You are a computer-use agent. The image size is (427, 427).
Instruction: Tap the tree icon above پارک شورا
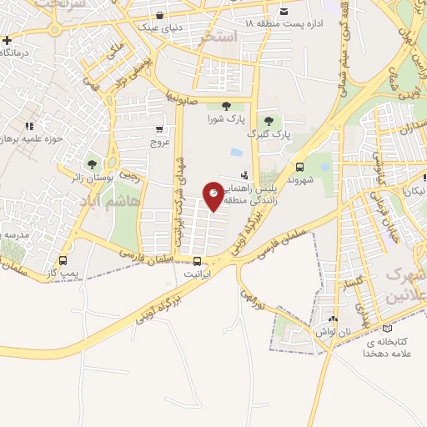pyautogui.click(x=227, y=105)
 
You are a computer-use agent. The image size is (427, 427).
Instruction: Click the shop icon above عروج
pyautogui.click(x=159, y=129)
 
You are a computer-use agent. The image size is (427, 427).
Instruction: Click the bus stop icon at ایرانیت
pyautogui.click(x=196, y=259)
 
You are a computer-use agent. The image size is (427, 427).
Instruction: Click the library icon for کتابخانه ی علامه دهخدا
pyautogui.click(x=384, y=329)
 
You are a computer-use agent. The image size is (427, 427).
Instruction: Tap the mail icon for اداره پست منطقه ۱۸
pyautogui.click(x=284, y=11)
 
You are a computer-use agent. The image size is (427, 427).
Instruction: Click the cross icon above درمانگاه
pyautogui.click(x=7, y=40)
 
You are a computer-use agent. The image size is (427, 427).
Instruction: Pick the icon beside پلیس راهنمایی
pyautogui.click(x=244, y=175)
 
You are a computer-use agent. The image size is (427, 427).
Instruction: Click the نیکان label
pyautogui.click(x=414, y=191)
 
